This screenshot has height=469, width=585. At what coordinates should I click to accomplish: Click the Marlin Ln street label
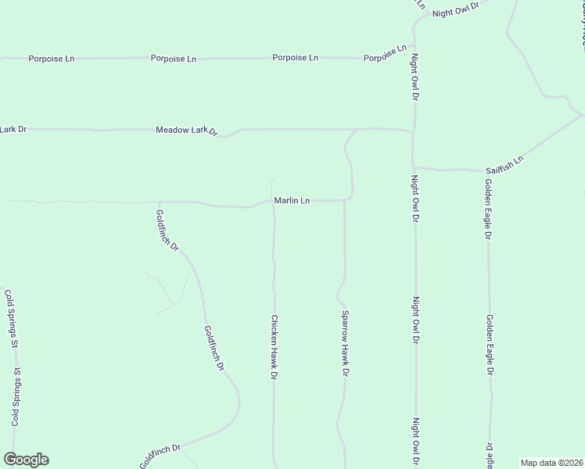pyautogui.click(x=292, y=201)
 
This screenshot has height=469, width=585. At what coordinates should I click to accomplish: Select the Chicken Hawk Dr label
pyautogui.click(x=275, y=347)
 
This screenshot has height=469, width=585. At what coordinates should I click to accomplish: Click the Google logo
pyautogui.click(x=26, y=460)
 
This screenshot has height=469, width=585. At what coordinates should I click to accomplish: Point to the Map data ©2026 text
pyautogui.click(x=551, y=463)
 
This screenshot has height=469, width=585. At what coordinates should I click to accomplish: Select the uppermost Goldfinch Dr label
pyautogui.click(x=167, y=231)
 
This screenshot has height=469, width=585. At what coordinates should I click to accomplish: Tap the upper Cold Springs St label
pyautogui.click(x=11, y=318)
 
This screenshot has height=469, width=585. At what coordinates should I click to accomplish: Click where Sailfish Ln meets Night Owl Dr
pyautogui.click(x=414, y=166)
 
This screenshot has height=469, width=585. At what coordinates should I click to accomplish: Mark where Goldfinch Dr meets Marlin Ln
pyautogui.click(x=159, y=202)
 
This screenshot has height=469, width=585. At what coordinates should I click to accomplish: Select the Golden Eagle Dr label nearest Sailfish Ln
pyautogui.click(x=487, y=208)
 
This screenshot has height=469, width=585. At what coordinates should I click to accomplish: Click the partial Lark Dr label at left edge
pyautogui.click(x=13, y=128)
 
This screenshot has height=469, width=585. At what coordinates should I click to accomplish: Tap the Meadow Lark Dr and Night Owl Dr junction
pyautogui.click(x=412, y=132)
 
